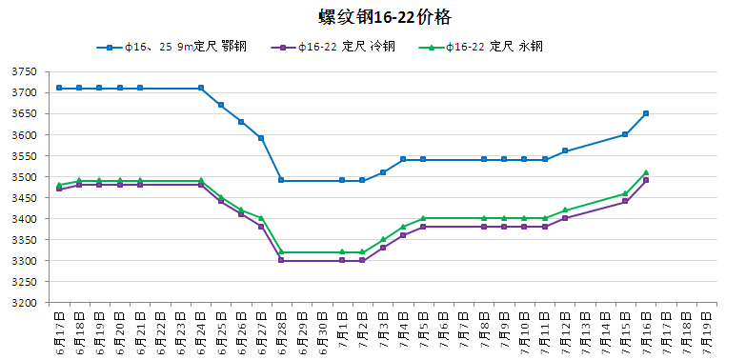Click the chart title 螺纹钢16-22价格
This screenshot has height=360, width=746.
click(384, 18)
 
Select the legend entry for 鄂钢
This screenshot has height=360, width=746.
click(171, 47)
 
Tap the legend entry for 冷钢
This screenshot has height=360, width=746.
click(333, 47)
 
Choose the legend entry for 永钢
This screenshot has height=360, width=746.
click(480, 47)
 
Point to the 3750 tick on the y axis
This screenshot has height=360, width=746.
click(24, 71)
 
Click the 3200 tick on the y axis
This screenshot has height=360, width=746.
click(24, 303)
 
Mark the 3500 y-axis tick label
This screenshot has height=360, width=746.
click(24, 177)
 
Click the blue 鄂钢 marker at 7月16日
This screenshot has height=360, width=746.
click(646, 113)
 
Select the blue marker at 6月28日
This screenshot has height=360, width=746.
click(282, 180)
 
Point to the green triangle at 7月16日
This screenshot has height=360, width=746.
click(646, 172)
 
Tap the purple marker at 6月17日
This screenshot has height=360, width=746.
click(59, 189)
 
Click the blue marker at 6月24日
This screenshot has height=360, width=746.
click(201, 88)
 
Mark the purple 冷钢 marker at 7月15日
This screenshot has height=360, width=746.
click(626, 201)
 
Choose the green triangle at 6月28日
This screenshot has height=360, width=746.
click(282, 251)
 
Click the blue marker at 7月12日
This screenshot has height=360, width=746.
click(565, 150)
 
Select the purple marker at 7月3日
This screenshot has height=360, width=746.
click(383, 248)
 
